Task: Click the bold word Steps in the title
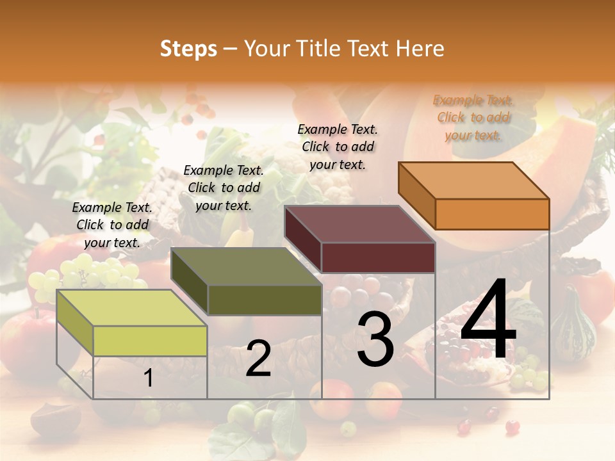click(x=188, y=49)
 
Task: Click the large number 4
click(x=488, y=321)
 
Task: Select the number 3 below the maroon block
click(x=375, y=340)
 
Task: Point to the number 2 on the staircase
click(x=258, y=359)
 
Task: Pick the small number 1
click(x=148, y=378)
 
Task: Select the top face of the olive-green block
click(x=247, y=266)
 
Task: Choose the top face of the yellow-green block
click(x=132, y=308)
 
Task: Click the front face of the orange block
click(x=492, y=214)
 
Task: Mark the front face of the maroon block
click(x=378, y=257)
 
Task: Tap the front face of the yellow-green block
click(x=150, y=341)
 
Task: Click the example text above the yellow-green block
click(x=112, y=225)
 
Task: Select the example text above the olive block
click(x=224, y=188)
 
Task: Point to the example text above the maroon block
click(x=338, y=147)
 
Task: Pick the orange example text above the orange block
click(x=473, y=117)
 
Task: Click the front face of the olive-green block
click(x=264, y=300)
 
